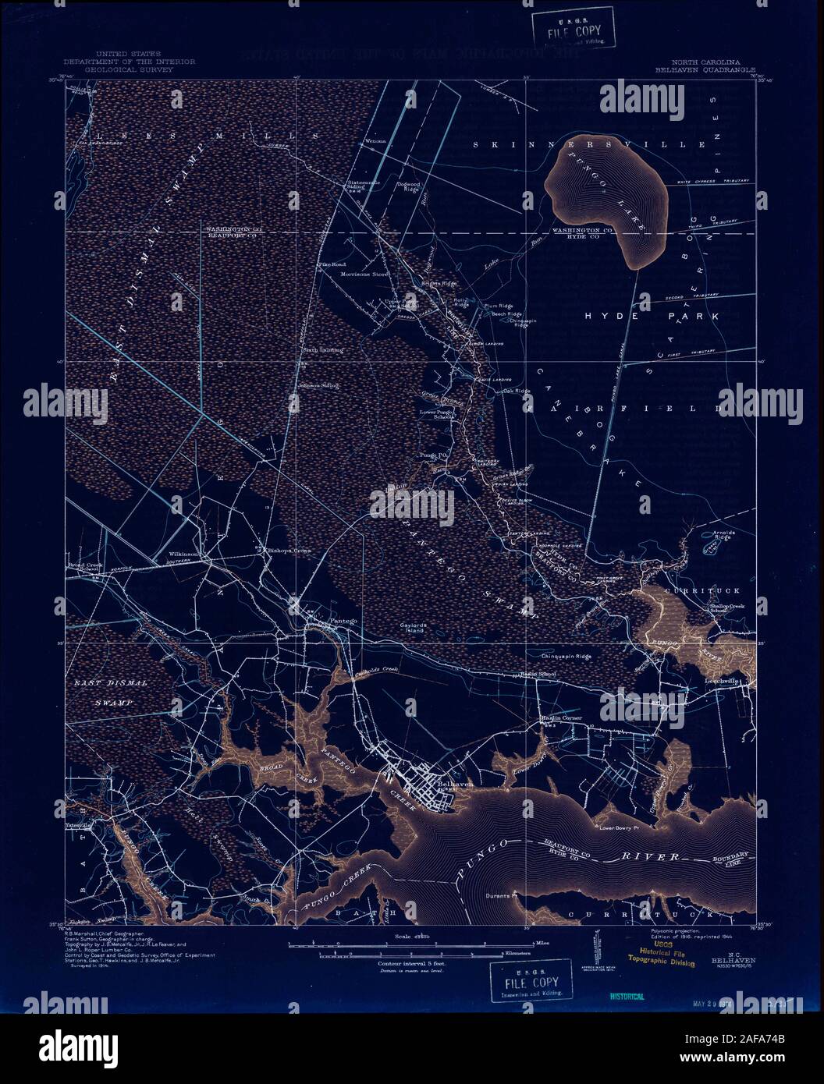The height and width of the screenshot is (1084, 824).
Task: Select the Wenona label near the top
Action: (x=375, y=142)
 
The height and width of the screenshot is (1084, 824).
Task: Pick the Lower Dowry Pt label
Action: (x=619, y=827)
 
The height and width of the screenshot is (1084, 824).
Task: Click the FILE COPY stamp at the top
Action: (x=574, y=31)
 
